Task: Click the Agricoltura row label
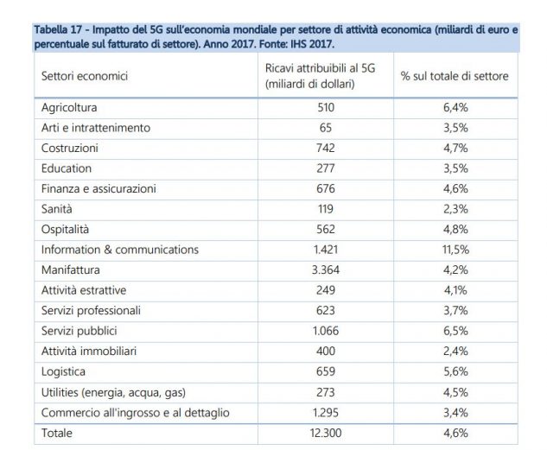point(69,107)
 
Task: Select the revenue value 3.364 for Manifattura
point(326,269)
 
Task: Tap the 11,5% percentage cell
point(455,250)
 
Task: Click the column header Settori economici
point(85,76)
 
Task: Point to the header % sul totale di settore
point(455,76)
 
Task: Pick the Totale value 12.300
point(326,433)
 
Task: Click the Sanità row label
point(56,209)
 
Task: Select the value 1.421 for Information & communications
point(326,250)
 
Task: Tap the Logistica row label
point(63,371)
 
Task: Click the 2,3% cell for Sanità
point(455,209)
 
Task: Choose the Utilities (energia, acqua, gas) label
point(113,392)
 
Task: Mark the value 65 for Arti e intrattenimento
point(326,128)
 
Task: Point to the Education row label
point(67,168)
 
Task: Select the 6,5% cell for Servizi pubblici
point(455,331)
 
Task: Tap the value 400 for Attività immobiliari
point(326,351)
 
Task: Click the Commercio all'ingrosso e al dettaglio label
point(136,413)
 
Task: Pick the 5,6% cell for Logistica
point(455,371)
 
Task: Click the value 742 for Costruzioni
point(326,148)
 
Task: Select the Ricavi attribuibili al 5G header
point(321,68)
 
